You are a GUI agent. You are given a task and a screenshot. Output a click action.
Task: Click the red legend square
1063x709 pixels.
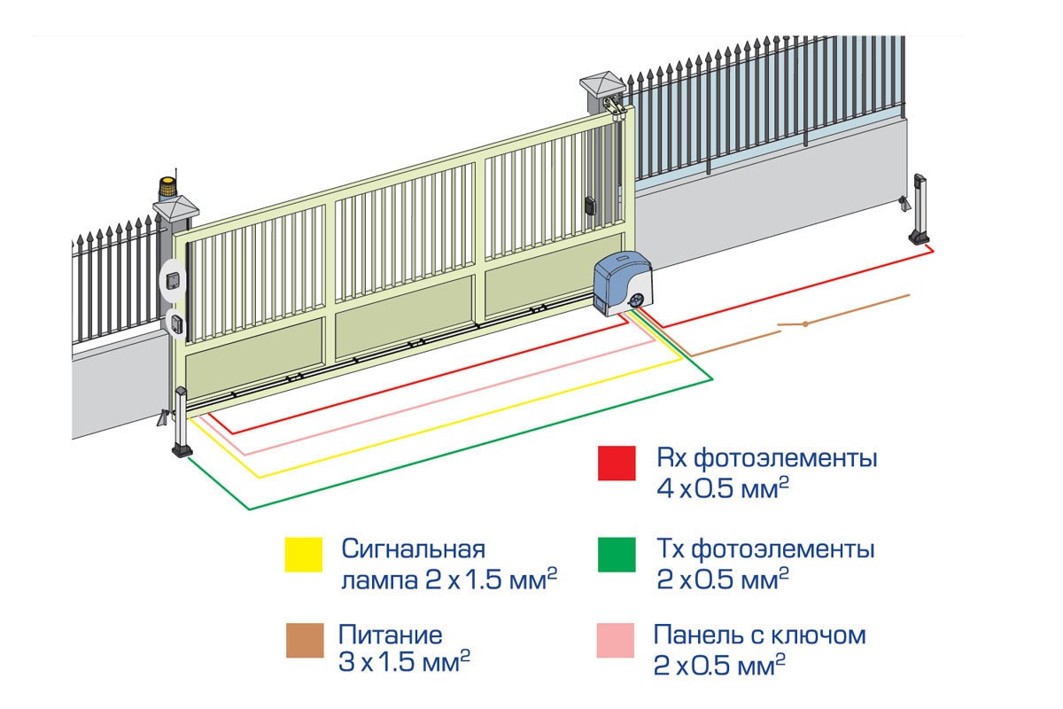point(617,463)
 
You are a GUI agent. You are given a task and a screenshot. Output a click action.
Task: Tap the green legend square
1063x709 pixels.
point(617,555)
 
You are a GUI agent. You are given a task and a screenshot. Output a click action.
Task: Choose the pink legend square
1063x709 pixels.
point(617,642)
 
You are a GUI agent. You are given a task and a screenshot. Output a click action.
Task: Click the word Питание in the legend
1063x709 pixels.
point(391,635)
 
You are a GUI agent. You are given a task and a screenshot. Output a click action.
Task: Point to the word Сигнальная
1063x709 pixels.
point(415,549)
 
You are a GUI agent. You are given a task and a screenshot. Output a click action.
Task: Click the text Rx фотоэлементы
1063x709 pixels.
point(766,460)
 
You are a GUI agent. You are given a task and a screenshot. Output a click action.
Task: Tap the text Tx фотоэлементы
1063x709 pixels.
point(766,549)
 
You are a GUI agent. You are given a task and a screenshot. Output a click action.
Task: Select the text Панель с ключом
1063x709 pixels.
point(759,635)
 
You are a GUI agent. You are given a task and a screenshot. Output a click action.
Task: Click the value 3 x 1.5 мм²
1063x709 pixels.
point(404,662)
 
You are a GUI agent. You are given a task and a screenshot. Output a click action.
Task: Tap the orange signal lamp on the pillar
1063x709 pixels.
point(167,188)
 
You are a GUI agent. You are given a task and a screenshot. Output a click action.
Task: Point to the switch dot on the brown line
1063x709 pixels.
point(804,324)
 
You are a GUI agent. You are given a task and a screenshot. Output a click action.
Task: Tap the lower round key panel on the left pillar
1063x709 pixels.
point(176,323)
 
